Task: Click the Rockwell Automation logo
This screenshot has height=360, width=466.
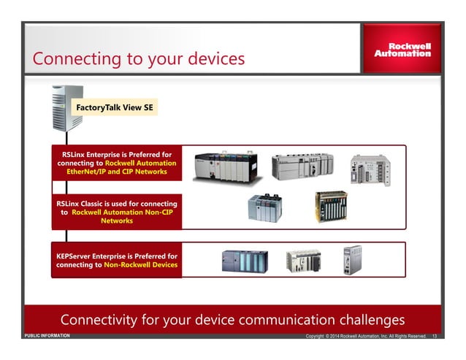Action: pyautogui.click(x=402, y=49)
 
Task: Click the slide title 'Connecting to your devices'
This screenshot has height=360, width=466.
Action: pyautogui.click(x=139, y=58)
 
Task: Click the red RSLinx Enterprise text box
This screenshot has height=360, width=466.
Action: pyautogui.click(x=116, y=163)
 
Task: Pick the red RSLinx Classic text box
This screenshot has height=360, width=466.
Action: pyautogui.click(x=116, y=210)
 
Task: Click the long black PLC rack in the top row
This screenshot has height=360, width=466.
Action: pyautogui.click(x=225, y=166)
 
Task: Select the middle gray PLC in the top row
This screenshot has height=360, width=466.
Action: pyautogui.click(x=302, y=166)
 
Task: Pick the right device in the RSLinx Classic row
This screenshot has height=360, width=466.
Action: pyautogui.click(x=331, y=206)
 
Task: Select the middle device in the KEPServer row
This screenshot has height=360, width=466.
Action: pyautogui.click(x=303, y=261)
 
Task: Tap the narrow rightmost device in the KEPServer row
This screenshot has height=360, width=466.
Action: pyautogui.click(x=352, y=259)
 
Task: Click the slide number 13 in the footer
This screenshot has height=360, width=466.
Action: pyautogui.click(x=435, y=337)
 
